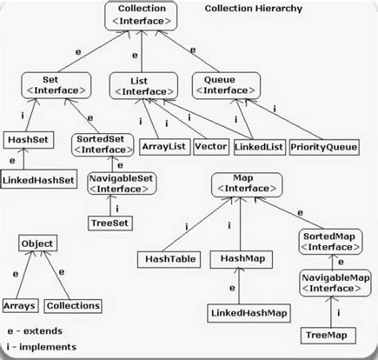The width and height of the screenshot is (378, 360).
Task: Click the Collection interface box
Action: click(x=140, y=17)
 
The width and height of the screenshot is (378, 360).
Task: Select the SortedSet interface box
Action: click(x=100, y=144)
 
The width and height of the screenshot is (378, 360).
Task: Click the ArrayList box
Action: click(x=162, y=147)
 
